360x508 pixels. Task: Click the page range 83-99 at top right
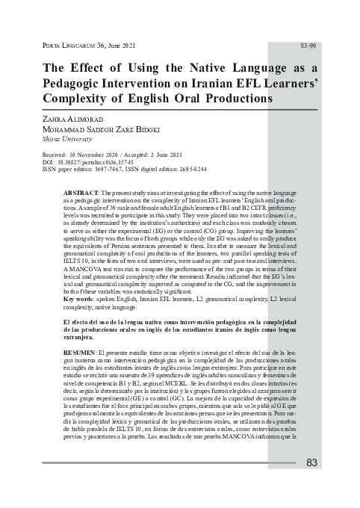click(308, 46)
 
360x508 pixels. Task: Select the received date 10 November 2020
click(100, 154)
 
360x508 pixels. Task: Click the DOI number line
click(90, 161)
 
